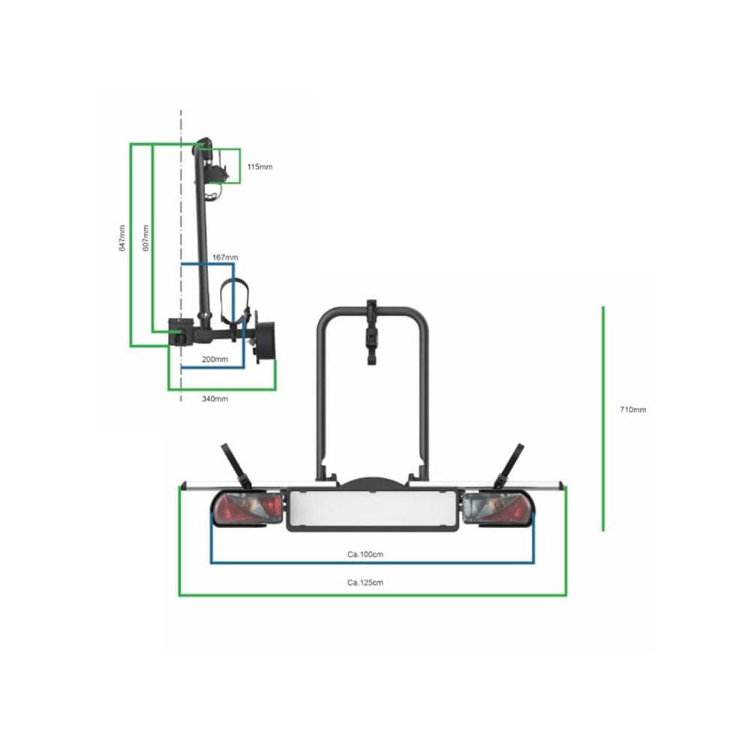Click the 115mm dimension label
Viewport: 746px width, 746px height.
click(260, 167)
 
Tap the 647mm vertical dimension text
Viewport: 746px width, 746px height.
click(122, 238)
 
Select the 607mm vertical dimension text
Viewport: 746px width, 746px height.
click(146, 238)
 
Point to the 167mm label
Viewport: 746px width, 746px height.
click(225, 257)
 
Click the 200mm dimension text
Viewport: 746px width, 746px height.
click(215, 360)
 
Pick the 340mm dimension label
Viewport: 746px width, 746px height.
click(215, 398)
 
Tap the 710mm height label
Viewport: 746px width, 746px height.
click(633, 410)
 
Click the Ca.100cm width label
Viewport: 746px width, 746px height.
click(365, 554)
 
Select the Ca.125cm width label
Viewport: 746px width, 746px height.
click(365, 583)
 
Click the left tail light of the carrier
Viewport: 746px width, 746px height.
click(248, 509)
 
